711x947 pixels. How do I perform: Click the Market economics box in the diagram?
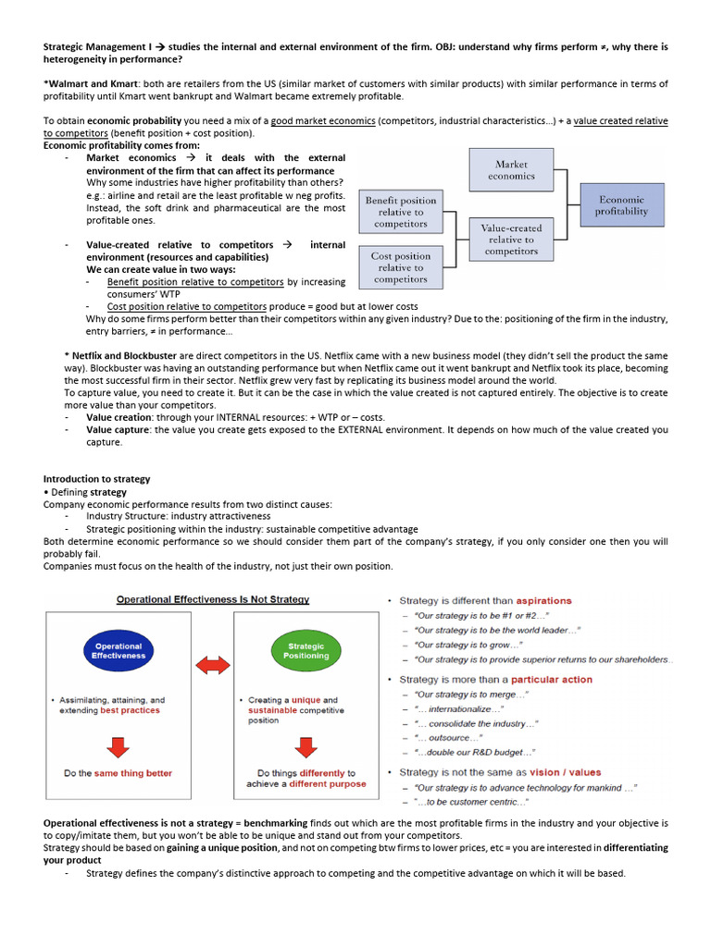pyautogui.click(x=511, y=170)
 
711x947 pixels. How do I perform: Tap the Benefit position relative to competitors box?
pyautogui.click(x=400, y=212)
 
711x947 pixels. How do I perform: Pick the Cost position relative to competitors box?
pyautogui.click(x=400, y=267)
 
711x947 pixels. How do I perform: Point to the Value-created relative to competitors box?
pyautogui.click(x=511, y=239)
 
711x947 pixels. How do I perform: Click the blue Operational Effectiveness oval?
pyautogui.click(x=118, y=651)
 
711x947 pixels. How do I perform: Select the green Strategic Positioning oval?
pyautogui.click(x=306, y=651)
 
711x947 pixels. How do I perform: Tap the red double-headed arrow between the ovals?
pyautogui.click(x=213, y=665)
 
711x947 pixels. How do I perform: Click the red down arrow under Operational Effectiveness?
pyautogui.click(x=118, y=745)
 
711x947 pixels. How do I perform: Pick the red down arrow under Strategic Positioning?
pyautogui.click(x=306, y=745)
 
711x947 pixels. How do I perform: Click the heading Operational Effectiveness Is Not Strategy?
pyautogui.click(x=212, y=599)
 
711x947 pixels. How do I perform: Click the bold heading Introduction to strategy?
pyautogui.click(x=96, y=479)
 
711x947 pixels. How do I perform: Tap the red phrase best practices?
pyautogui.click(x=130, y=710)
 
